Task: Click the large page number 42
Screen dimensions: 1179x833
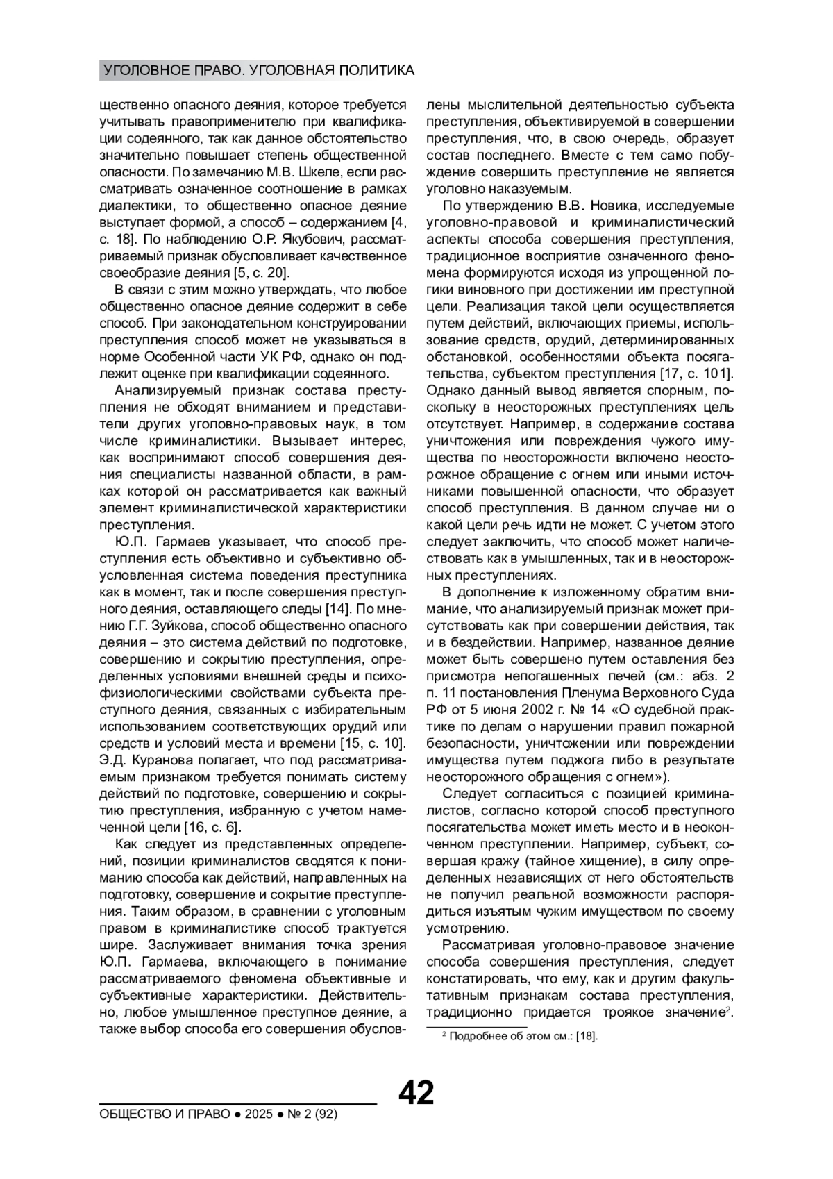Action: (x=416, y=1092)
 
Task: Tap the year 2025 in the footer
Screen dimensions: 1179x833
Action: (x=258, y=1114)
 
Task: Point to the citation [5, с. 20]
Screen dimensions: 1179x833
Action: (x=259, y=273)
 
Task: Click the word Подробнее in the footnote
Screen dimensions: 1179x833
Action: (x=477, y=1037)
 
